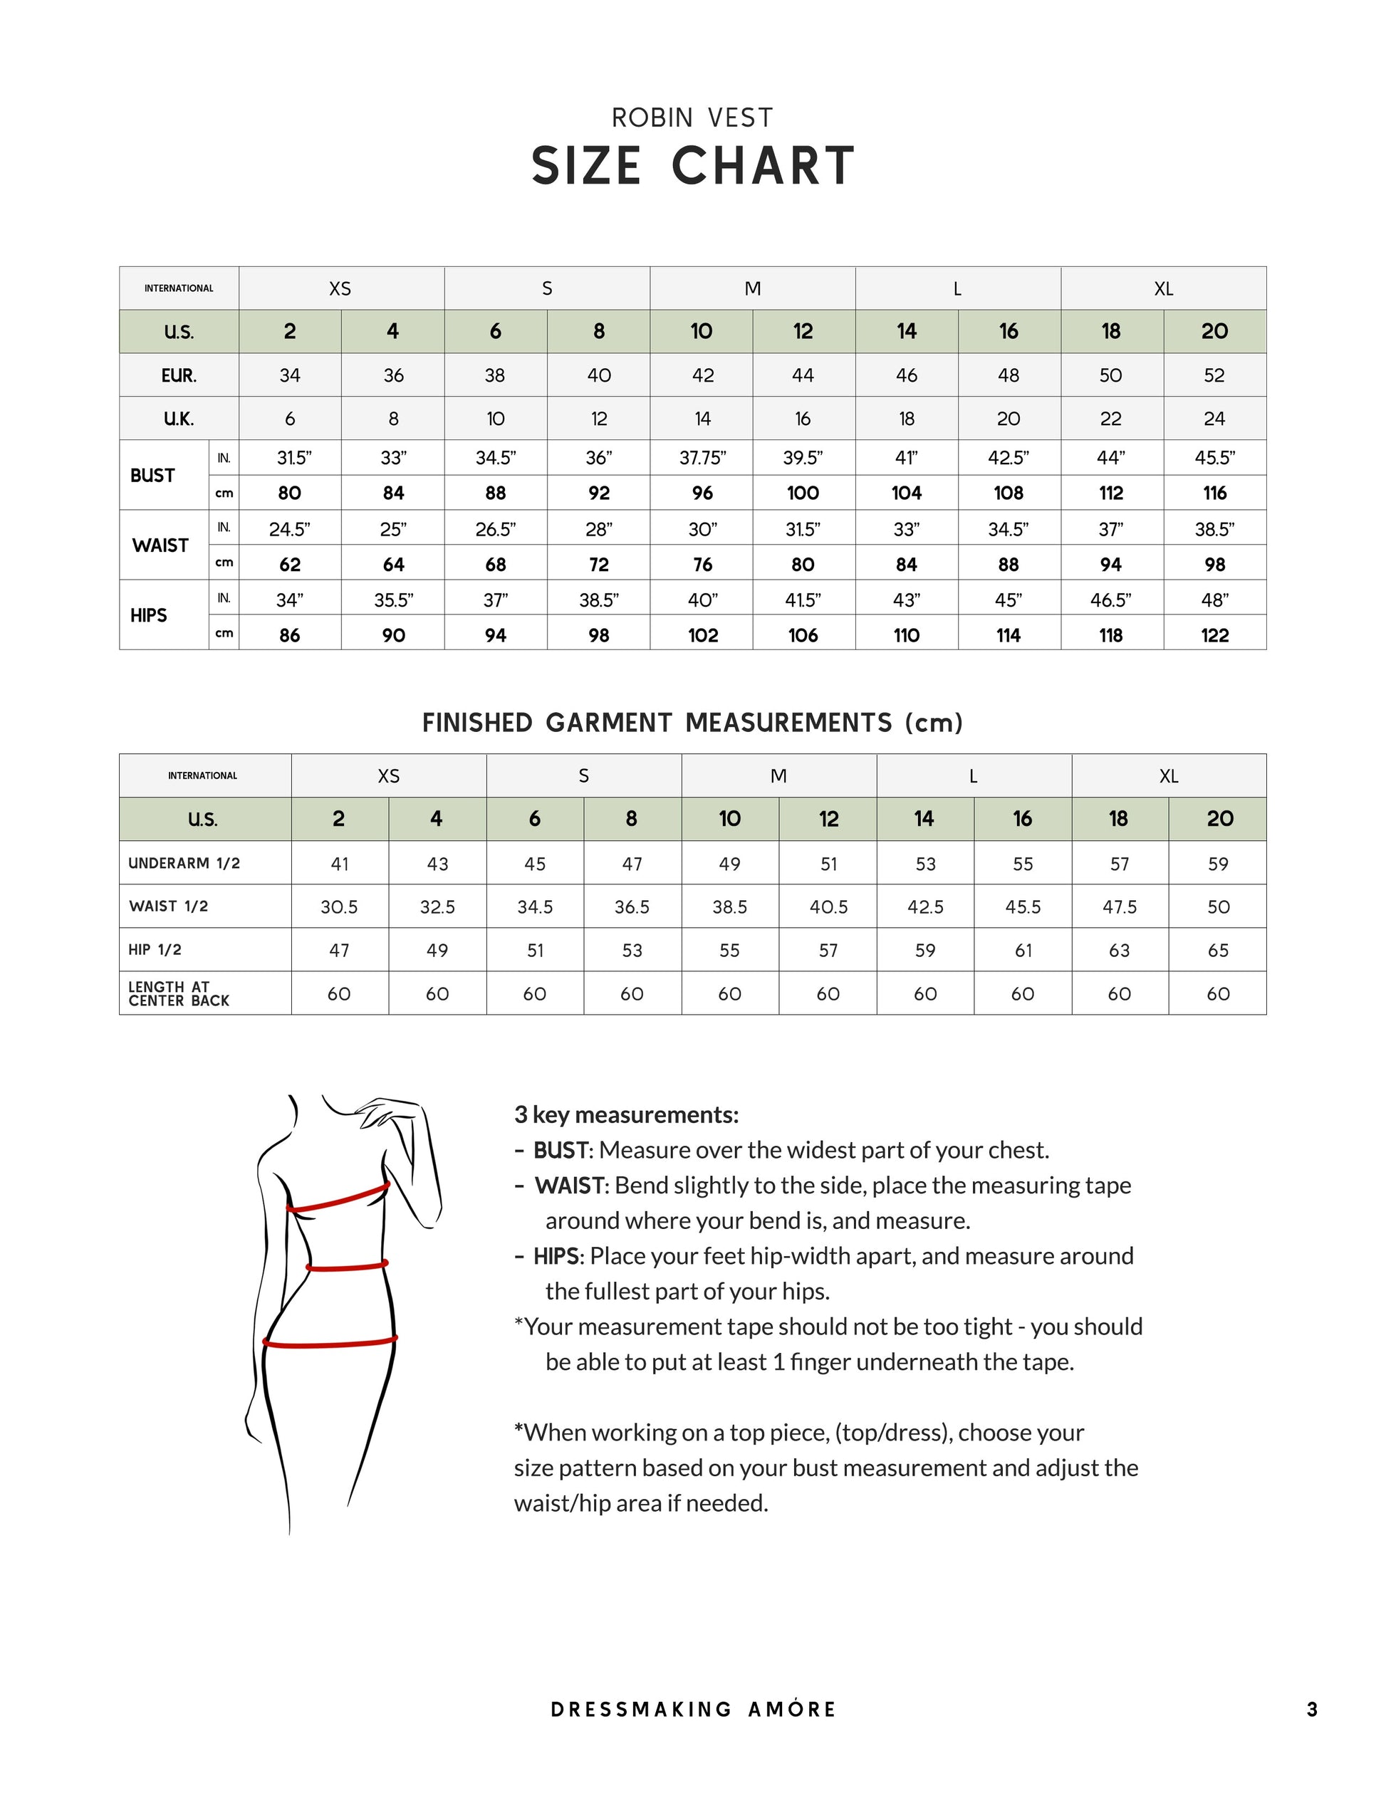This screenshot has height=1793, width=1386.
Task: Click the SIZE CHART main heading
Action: (x=693, y=166)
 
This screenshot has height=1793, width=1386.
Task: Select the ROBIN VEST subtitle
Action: (x=692, y=118)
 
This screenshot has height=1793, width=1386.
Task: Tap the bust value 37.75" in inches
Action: (x=702, y=458)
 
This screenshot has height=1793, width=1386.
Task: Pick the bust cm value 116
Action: (x=1214, y=493)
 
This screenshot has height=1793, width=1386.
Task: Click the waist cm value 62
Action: (x=290, y=565)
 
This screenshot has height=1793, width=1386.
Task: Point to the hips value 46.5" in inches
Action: (x=1111, y=600)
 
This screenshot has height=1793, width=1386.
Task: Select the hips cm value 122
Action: (x=1214, y=635)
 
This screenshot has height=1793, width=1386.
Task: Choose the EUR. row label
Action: (x=179, y=375)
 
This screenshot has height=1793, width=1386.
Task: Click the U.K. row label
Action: (x=179, y=419)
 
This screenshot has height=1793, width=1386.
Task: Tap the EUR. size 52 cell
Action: (x=1214, y=375)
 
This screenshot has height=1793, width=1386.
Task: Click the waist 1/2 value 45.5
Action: (x=1023, y=907)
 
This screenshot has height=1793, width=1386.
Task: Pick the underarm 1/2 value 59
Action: (x=1218, y=864)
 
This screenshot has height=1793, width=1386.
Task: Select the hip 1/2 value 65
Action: (x=1218, y=951)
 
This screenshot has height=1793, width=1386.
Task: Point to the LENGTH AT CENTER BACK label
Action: (x=179, y=993)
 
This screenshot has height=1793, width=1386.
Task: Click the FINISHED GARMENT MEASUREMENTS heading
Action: (x=692, y=723)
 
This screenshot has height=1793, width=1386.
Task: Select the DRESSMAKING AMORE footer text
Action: (x=693, y=1709)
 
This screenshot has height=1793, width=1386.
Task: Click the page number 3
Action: (x=1312, y=1709)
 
